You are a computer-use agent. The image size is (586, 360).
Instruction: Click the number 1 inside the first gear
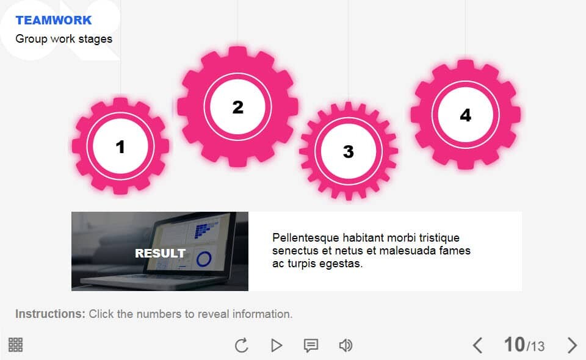coord(120,147)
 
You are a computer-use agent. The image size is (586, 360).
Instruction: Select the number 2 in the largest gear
coord(237,107)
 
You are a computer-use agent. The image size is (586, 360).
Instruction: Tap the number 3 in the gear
coord(349,151)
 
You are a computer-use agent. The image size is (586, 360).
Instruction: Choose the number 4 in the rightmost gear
coord(465,115)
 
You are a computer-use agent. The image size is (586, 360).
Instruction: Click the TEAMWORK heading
coord(54,20)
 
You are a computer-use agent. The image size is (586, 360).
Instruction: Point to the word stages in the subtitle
coord(95,39)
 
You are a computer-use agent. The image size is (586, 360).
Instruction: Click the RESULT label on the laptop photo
coord(160,253)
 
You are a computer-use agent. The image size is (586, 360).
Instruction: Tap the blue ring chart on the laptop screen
coord(204,259)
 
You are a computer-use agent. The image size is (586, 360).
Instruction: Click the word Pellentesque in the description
coord(306,238)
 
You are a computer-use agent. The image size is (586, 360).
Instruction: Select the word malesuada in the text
coord(407,251)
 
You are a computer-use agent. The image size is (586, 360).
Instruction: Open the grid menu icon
coord(15,345)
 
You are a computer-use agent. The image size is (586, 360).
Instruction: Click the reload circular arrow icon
coord(242,345)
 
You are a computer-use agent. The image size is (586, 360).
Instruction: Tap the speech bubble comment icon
coord(311,345)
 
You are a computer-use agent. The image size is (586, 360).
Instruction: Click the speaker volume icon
coord(345,345)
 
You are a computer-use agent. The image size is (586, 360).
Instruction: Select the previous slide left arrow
coord(477,345)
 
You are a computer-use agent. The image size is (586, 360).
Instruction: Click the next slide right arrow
coord(572,345)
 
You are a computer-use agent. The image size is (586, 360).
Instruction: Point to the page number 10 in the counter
coord(515,344)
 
